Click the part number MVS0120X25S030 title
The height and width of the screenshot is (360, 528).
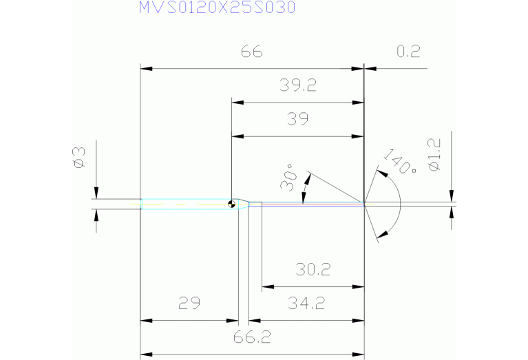click(x=218, y=8)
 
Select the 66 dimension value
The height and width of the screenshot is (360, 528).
click(x=251, y=52)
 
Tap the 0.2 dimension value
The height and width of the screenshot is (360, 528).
click(x=408, y=51)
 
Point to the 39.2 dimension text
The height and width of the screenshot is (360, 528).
click(x=298, y=85)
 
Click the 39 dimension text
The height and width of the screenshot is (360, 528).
click(x=297, y=119)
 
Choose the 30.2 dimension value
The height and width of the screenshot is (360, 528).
click(x=313, y=269)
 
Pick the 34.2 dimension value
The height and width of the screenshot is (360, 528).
click(x=306, y=303)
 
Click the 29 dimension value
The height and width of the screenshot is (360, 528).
click(x=189, y=303)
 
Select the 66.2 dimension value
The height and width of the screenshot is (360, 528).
click(x=252, y=337)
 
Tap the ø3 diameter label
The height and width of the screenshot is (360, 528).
click(x=80, y=158)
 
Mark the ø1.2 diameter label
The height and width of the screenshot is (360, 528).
click(x=434, y=156)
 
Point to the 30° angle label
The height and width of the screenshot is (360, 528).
click(x=289, y=178)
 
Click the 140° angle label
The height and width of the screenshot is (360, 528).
click(x=400, y=162)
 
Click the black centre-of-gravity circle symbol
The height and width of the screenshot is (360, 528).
click(x=231, y=204)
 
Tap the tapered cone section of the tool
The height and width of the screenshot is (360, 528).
click(x=243, y=204)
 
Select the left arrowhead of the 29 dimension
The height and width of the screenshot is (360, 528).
click(x=146, y=321)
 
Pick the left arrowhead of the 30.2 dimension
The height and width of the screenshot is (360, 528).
click(x=268, y=287)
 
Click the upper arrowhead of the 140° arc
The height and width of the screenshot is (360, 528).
click(x=382, y=173)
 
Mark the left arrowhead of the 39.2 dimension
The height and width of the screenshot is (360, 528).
click(x=237, y=103)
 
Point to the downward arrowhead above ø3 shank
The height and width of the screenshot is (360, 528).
click(x=96, y=193)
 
